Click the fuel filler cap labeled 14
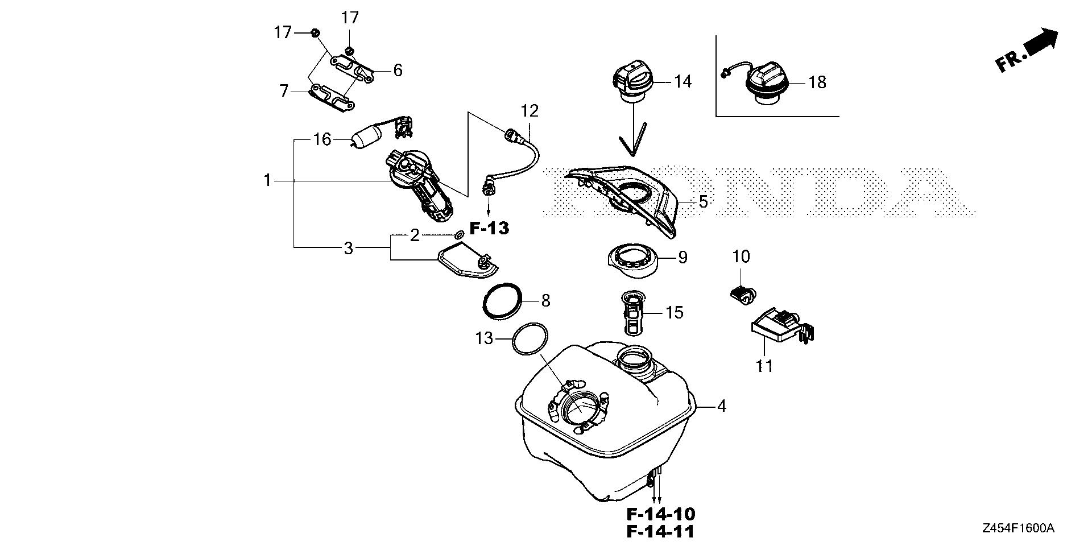pos(633,83)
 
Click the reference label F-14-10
pos(661,514)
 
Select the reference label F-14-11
pos(661,532)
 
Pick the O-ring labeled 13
pos(132,340)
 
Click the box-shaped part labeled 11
pos(780,327)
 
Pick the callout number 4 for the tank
pos(721,406)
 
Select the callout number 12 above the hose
pos(529,110)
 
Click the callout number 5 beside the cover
pos(703,201)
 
